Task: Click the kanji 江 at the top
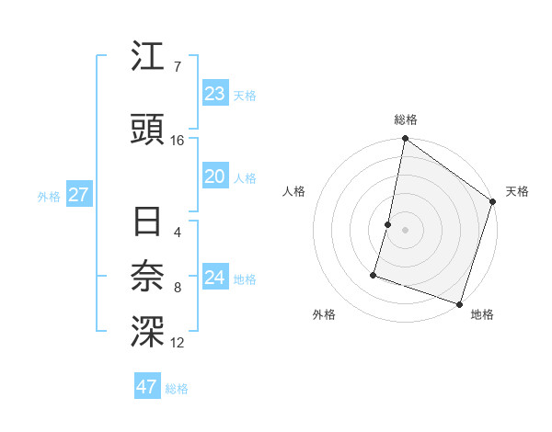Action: (x=147, y=58)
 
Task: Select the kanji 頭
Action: (x=147, y=130)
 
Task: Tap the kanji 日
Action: (x=147, y=223)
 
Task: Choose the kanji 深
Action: (x=147, y=331)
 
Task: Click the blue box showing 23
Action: (x=215, y=94)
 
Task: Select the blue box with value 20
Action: (x=215, y=177)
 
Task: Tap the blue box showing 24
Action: (x=215, y=278)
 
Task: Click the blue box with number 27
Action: (x=78, y=195)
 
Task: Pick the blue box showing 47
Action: (x=147, y=387)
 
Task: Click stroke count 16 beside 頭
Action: (x=178, y=141)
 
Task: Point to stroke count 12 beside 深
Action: (x=178, y=343)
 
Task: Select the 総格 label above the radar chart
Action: (x=406, y=119)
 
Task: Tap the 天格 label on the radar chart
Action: (x=517, y=191)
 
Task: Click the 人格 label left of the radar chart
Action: (x=294, y=191)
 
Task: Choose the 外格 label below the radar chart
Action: (x=324, y=314)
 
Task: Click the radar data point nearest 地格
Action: (x=459, y=303)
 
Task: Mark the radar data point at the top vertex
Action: (x=405, y=139)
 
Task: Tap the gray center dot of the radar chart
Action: (x=405, y=230)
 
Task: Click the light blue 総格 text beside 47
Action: (x=177, y=389)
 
